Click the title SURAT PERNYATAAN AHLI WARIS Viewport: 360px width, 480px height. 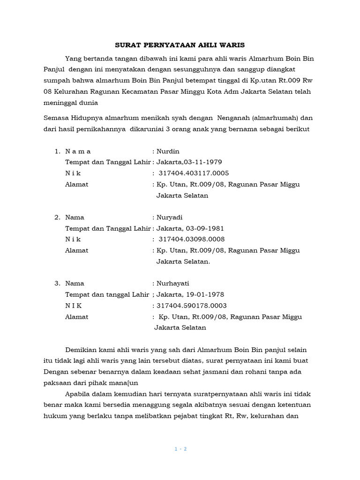(180, 45)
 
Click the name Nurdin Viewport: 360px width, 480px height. (168, 151)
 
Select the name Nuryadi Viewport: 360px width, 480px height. (170, 217)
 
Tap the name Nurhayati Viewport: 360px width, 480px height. (172, 284)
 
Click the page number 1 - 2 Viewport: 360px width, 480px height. (180, 449)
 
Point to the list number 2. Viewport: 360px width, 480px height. (57, 217)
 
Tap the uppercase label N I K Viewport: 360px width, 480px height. (73, 306)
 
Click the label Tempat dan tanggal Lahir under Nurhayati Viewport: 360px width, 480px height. (107, 295)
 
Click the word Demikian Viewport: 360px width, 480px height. (82, 350)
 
